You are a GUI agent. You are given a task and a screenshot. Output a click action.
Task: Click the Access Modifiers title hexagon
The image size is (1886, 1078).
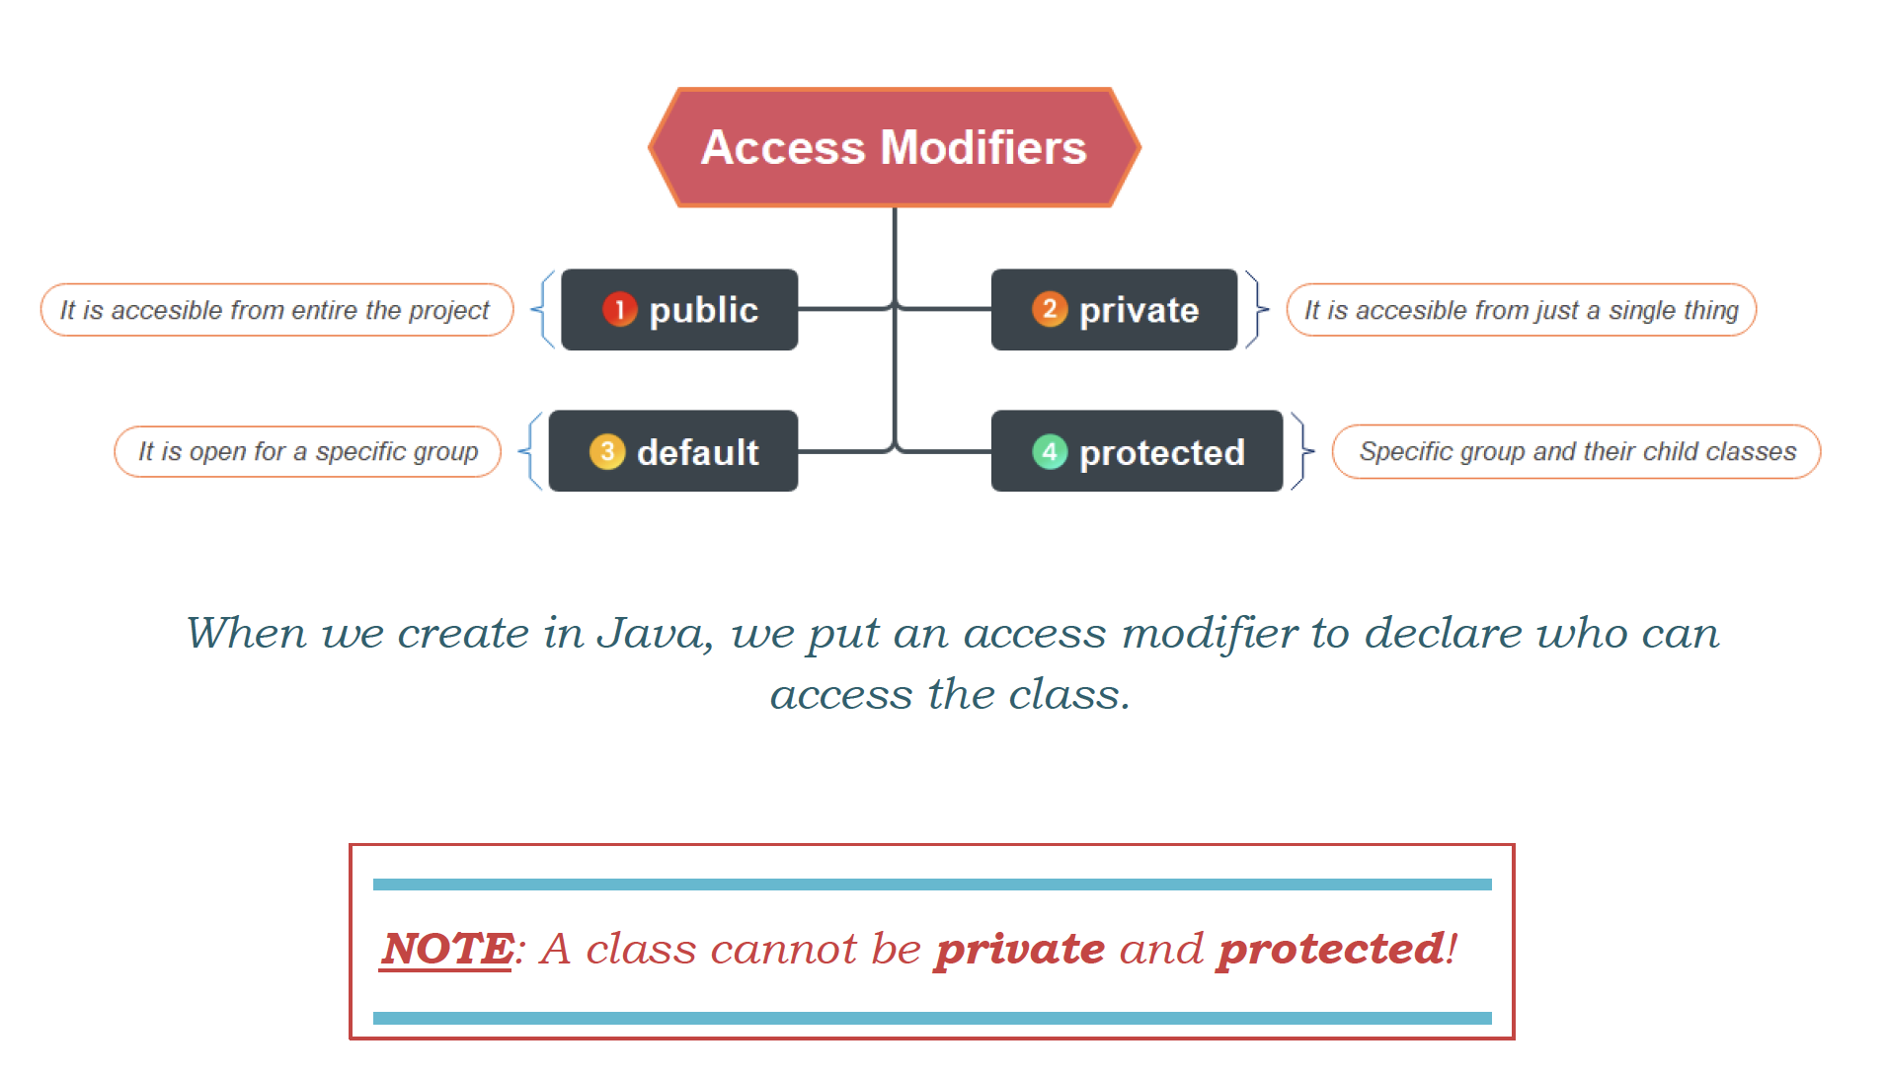click(895, 147)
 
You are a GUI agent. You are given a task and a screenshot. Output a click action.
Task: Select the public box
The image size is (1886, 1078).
click(679, 310)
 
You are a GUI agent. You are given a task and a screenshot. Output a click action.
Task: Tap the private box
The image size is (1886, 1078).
click(1114, 310)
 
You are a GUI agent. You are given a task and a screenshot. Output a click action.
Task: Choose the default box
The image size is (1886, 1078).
click(673, 451)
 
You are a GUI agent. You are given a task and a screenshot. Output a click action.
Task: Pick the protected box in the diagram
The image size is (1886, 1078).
click(1137, 451)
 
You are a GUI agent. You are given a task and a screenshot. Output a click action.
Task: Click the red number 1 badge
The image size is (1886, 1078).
click(619, 310)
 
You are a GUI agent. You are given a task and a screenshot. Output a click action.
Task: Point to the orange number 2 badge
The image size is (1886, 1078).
click(1050, 309)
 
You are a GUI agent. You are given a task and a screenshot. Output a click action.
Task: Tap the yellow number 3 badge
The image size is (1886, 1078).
click(607, 452)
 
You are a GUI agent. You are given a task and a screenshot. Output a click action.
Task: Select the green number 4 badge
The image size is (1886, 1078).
click(1050, 452)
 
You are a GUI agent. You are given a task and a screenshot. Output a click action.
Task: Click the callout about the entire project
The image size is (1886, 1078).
click(276, 310)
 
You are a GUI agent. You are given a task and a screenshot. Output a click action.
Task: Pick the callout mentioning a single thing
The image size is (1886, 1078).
click(1521, 310)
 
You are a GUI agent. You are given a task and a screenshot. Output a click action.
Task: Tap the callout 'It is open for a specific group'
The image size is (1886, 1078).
click(308, 452)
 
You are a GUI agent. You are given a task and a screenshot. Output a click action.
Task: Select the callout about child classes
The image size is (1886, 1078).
click(1577, 452)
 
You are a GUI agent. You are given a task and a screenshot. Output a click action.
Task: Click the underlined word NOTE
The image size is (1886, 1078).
click(447, 949)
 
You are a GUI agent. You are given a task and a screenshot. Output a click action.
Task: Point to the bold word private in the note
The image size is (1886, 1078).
click(1021, 950)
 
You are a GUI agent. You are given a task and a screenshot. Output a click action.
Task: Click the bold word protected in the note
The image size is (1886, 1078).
click(1332, 950)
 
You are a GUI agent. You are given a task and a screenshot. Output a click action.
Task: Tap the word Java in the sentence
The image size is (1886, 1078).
click(655, 634)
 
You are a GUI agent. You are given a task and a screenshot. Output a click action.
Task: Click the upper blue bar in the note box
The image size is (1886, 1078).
click(932, 885)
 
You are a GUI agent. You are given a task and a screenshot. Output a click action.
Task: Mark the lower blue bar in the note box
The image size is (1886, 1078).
click(932, 1018)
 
